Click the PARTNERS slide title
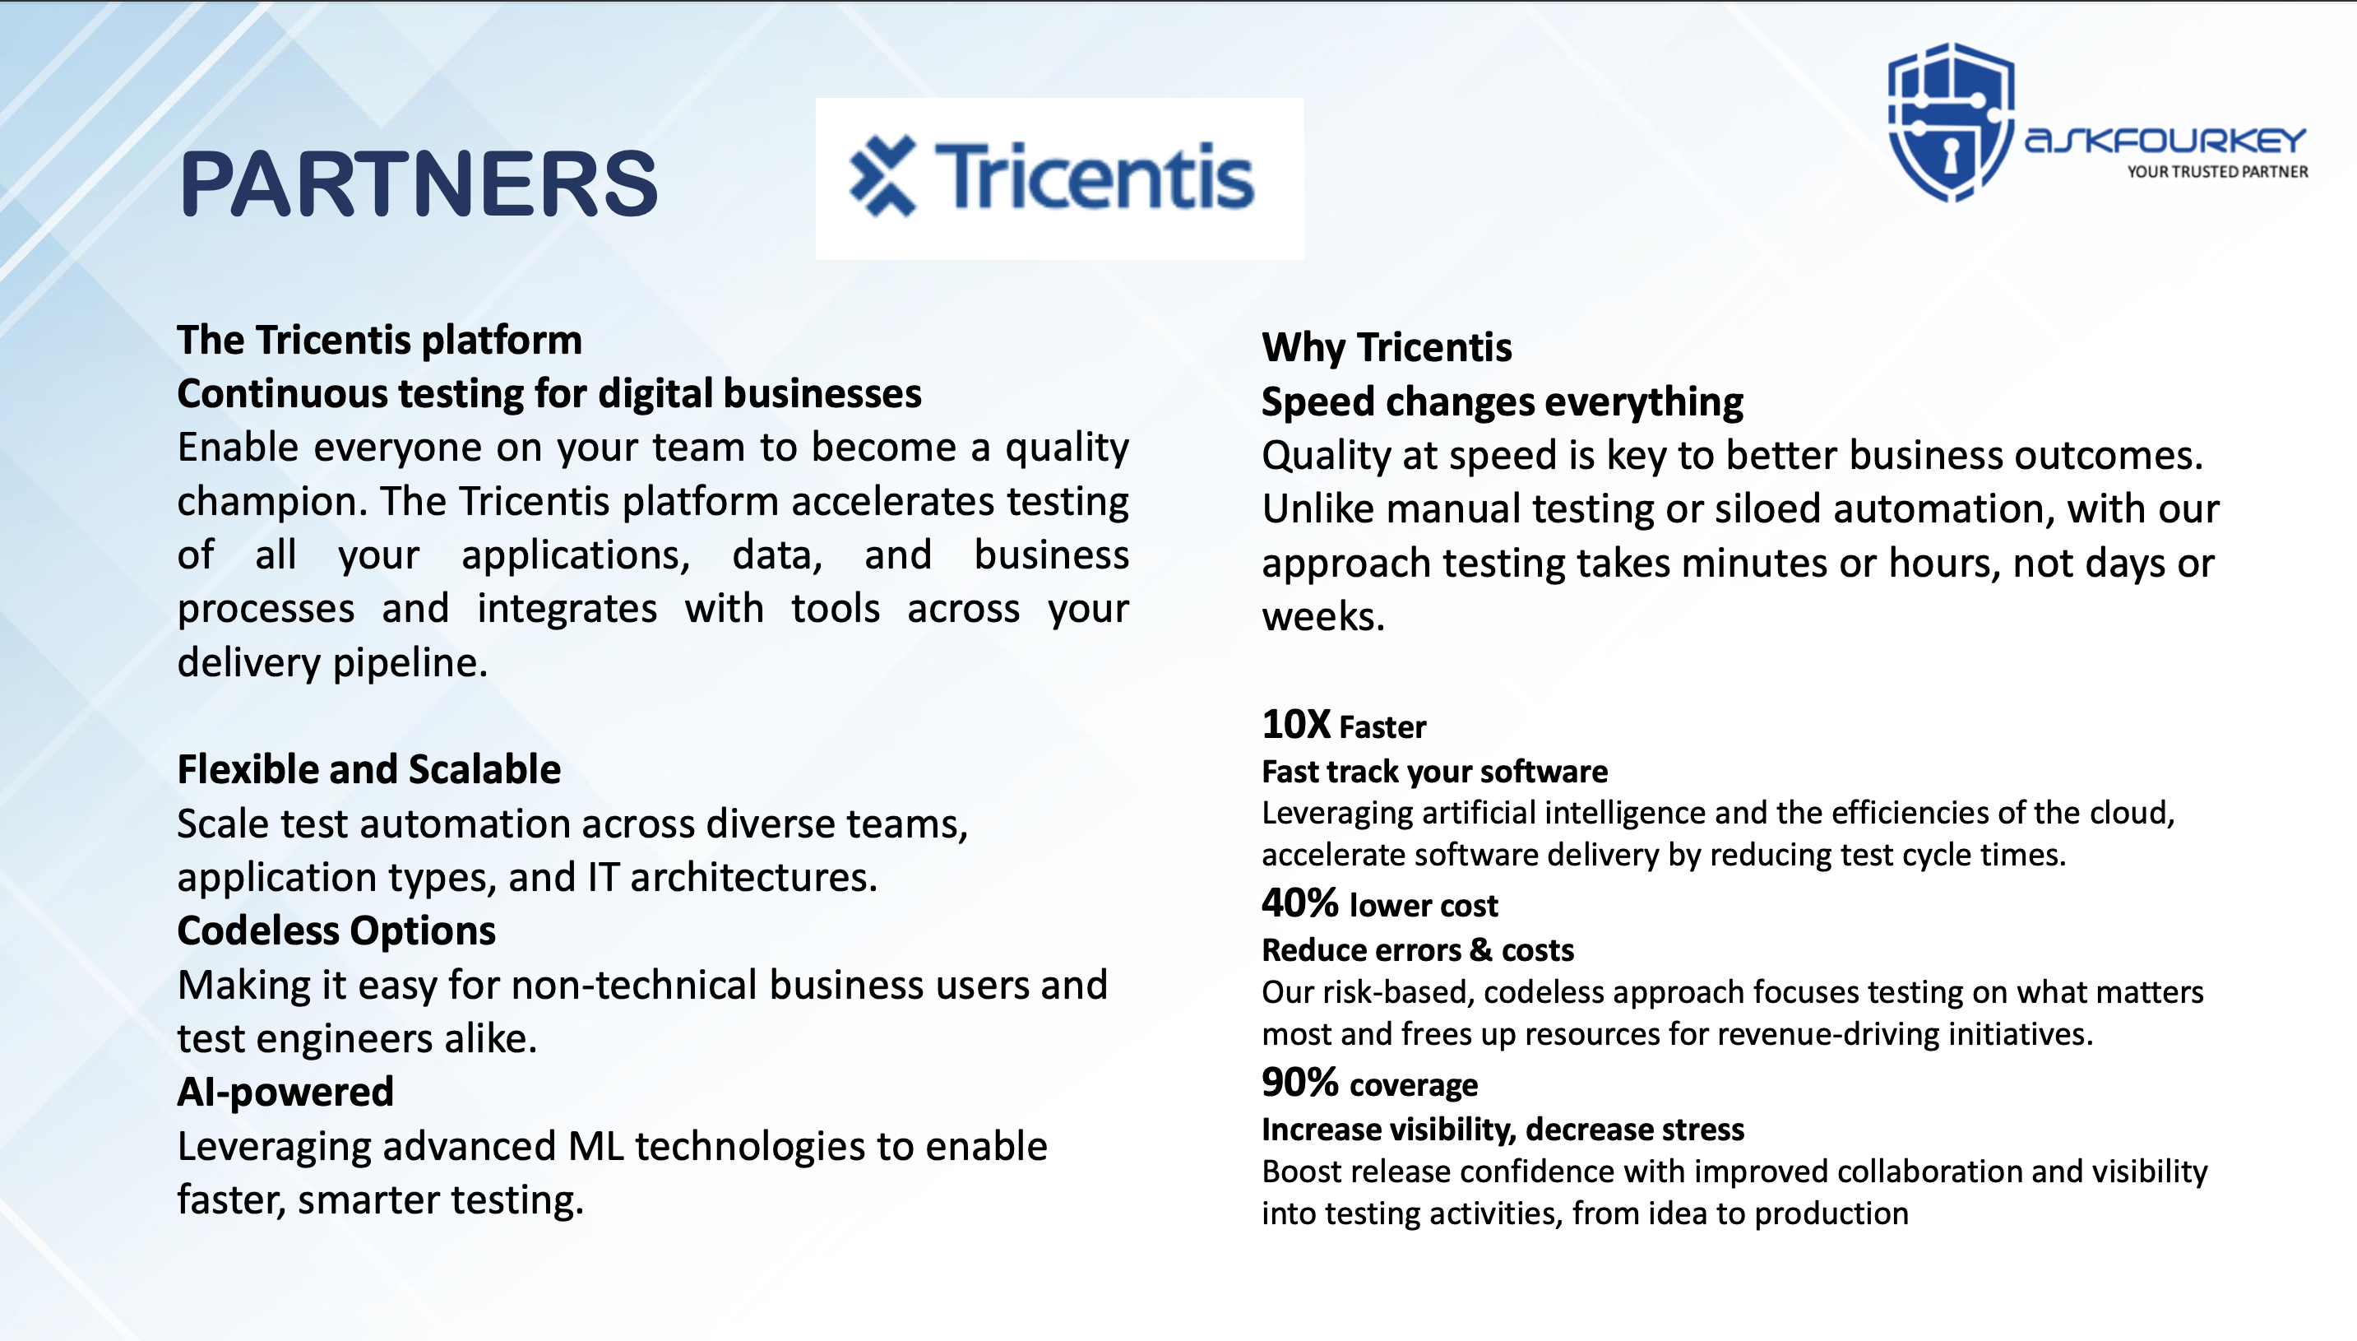coord(418,183)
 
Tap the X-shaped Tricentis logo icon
coord(883,176)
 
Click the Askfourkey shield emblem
coord(1951,122)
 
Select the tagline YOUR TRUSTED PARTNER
coord(2217,171)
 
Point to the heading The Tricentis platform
coord(379,340)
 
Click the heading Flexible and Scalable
coord(368,769)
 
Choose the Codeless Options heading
coord(336,931)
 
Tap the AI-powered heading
coord(285,1093)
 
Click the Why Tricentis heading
coord(1387,347)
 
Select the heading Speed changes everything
coord(1502,401)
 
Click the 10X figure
coord(1295,724)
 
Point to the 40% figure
coord(1300,903)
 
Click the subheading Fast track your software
coord(1434,772)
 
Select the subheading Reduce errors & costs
coord(1418,950)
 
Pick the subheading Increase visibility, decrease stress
coord(1503,1130)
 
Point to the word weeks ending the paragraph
coord(1323,616)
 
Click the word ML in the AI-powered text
coord(595,1147)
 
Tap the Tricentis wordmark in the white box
coord(1094,176)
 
